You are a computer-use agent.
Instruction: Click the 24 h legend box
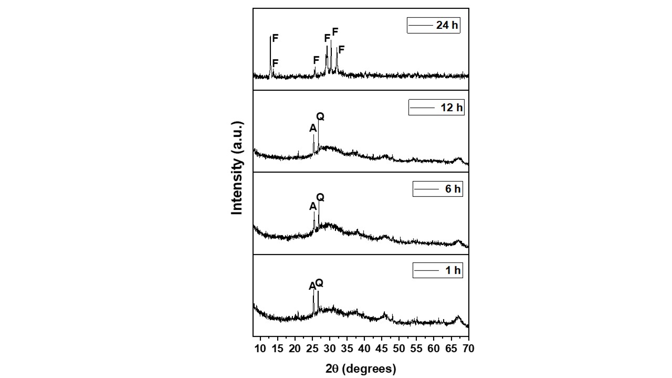(434, 25)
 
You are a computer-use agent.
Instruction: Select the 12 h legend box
(436, 108)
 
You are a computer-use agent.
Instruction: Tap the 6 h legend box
(438, 189)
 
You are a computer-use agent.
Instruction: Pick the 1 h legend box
(438, 271)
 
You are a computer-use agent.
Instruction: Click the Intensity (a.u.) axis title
(238, 168)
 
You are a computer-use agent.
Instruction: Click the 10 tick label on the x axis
(260, 349)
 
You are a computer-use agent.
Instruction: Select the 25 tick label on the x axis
(312, 349)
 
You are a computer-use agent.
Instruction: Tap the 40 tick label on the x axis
(364, 349)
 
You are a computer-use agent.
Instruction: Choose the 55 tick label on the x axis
(416, 349)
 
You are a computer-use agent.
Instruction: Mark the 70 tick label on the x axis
(468, 349)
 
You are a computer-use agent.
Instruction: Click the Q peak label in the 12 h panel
(320, 116)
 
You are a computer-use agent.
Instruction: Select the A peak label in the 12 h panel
(313, 128)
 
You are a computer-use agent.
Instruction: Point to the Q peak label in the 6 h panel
(320, 197)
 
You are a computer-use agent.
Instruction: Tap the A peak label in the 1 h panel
(312, 286)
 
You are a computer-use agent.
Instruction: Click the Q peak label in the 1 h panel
(319, 283)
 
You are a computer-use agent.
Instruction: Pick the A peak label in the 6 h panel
(313, 207)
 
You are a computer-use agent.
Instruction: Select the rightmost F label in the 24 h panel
(341, 50)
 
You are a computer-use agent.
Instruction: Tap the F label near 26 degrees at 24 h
(316, 60)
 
